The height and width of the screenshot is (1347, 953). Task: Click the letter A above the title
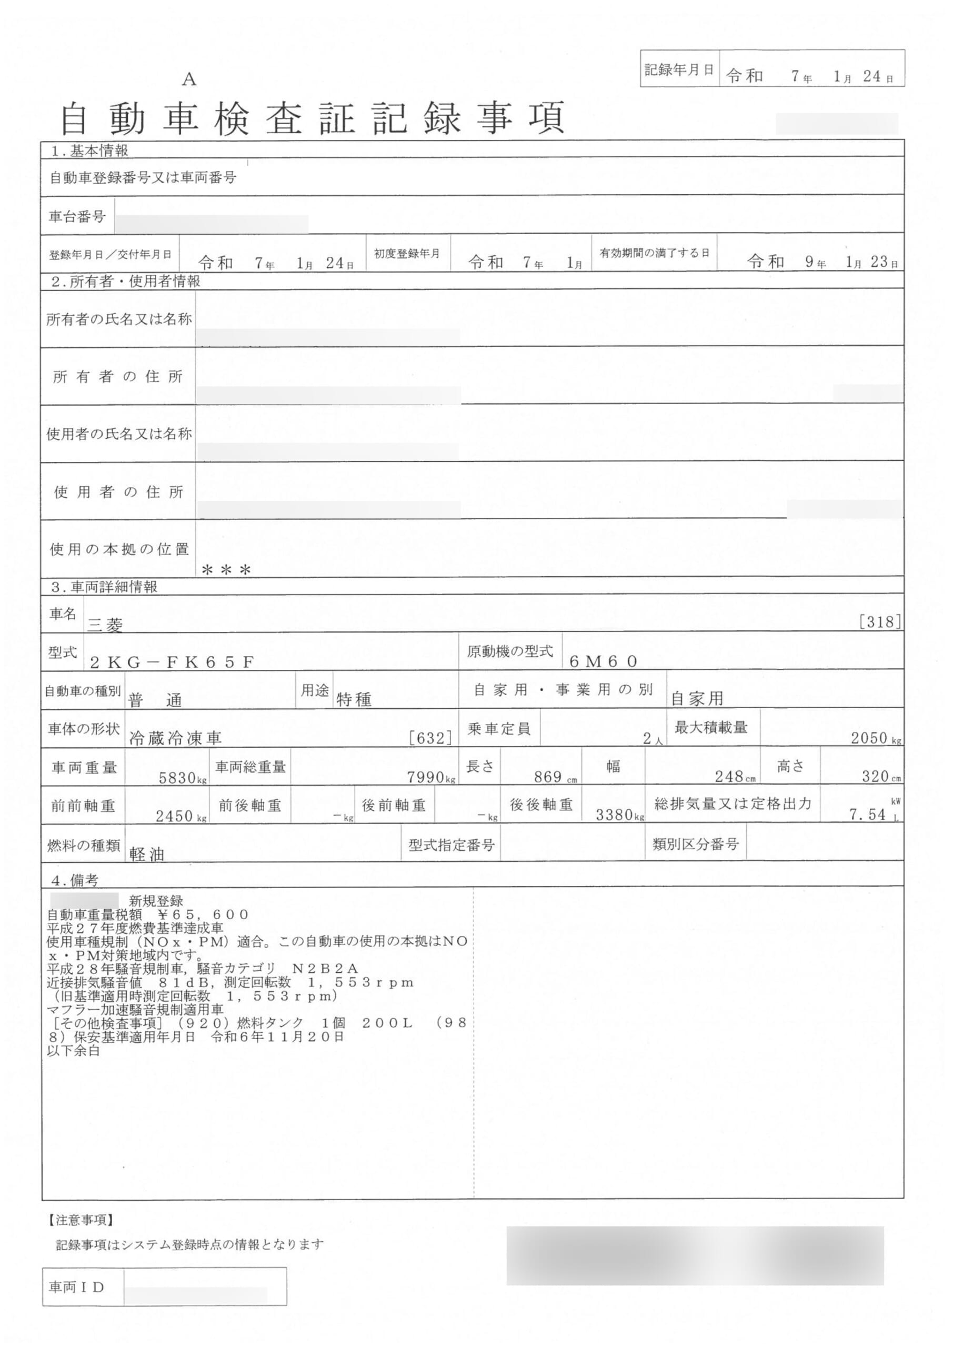[x=188, y=79]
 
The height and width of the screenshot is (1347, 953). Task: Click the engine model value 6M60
[x=603, y=661]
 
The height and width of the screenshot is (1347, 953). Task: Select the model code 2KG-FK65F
[x=172, y=662]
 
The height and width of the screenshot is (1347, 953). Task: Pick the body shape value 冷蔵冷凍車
[x=175, y=739]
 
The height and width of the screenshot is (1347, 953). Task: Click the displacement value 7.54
[x=867, y=815]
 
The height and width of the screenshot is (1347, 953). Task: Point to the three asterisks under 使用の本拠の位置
[x=226, y=570]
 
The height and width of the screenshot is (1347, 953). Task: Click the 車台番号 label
[x=77, y=216]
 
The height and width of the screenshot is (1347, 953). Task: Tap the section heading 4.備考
[x=75, y=880]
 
